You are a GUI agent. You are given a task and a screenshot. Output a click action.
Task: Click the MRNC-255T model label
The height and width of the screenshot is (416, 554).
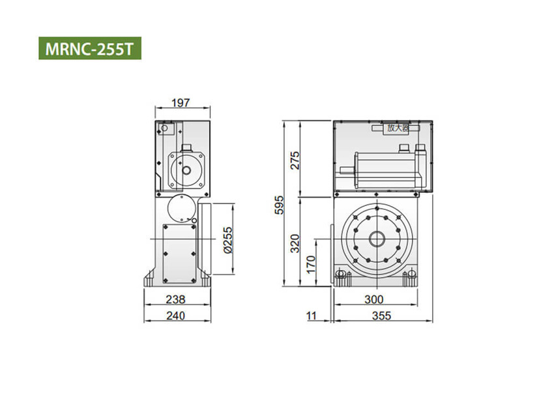pos(90,49)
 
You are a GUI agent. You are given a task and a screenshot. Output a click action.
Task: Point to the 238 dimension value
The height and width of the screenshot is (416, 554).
pos(175,300)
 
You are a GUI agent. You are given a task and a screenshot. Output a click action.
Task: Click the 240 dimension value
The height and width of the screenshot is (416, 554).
pos(175,316)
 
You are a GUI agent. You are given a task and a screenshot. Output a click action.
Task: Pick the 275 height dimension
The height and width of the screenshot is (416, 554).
pos(294,159)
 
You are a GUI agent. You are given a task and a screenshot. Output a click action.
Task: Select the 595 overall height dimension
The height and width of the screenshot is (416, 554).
pos(279,203)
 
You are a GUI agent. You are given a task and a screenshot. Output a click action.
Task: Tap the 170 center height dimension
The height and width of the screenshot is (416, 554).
pos(311,263)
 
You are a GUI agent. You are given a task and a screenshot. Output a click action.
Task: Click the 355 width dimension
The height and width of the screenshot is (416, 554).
pos(381,316)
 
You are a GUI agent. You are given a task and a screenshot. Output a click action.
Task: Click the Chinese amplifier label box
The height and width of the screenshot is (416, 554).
pos(397,128)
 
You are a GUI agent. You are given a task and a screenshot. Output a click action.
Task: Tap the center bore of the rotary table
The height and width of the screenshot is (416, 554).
pos(377,239)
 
